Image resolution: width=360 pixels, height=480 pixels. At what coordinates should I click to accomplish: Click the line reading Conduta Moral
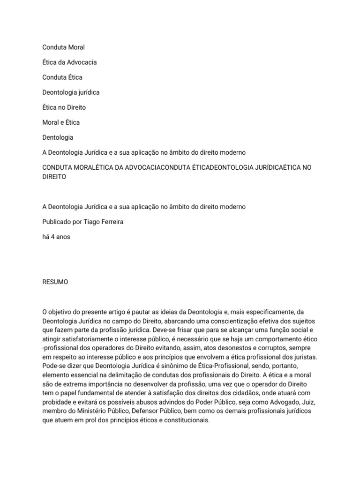[x=63, y=47]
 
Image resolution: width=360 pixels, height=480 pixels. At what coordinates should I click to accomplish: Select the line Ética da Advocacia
[x=69, y=62]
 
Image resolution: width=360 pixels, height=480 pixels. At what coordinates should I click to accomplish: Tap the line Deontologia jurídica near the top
[x=71, y=92]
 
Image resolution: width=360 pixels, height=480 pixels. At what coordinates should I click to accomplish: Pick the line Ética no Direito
[x=64, y=107]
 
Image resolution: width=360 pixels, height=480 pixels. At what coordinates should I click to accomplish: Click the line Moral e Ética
[x=61, y=122]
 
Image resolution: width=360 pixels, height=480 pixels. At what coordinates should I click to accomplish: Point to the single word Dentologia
[x=58, y=137]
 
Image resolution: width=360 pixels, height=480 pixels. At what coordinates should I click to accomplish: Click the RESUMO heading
[x=55, y=282]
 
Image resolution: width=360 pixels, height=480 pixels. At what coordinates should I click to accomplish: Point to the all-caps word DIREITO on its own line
[x=54, y=177]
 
